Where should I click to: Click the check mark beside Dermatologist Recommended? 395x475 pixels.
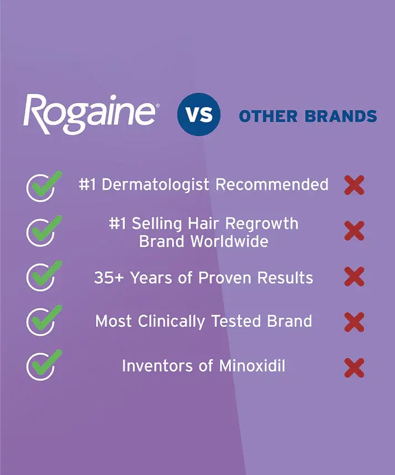[42, 185]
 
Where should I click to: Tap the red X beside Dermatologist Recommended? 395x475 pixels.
[354, 185]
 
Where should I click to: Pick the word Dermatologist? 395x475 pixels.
[156, 184]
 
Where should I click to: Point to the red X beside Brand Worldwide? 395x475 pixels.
[354, 231]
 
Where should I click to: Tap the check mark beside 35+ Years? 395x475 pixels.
[42, 276]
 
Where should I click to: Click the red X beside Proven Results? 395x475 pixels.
[354, 276]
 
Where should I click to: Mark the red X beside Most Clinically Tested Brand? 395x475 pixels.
[354, 321]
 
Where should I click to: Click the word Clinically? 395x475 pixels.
[180, 321]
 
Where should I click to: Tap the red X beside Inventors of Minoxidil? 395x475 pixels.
[354, 366]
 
